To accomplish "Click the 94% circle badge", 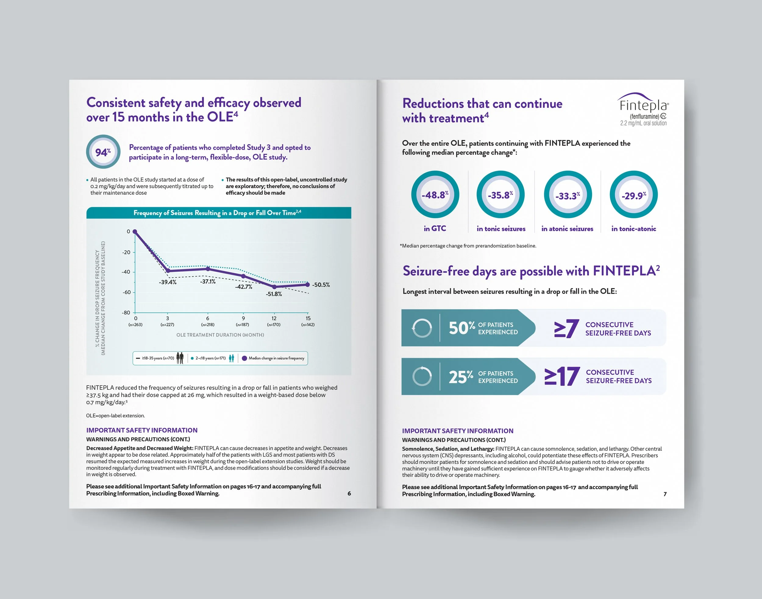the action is point(103,152).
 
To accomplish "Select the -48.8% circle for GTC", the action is point(435,195).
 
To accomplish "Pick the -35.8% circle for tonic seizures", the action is point(500,195).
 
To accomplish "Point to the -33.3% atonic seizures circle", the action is point(568,195).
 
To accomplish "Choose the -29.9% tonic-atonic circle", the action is point(634,195).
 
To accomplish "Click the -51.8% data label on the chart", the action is point(274,294).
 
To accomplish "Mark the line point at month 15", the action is point(308,284).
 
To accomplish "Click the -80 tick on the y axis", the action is point(126,312).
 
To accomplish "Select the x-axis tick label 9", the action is point(243,319).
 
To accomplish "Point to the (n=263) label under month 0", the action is point(135,325).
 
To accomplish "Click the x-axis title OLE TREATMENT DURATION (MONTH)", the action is point(220,335).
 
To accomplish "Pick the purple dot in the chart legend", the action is point(245,358).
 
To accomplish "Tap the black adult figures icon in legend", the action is point(180,358).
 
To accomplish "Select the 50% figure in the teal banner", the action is point(462,328).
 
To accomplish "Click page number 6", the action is point(349,493).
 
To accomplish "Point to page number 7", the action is point(665,494).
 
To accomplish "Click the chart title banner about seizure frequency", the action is point(219,213).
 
